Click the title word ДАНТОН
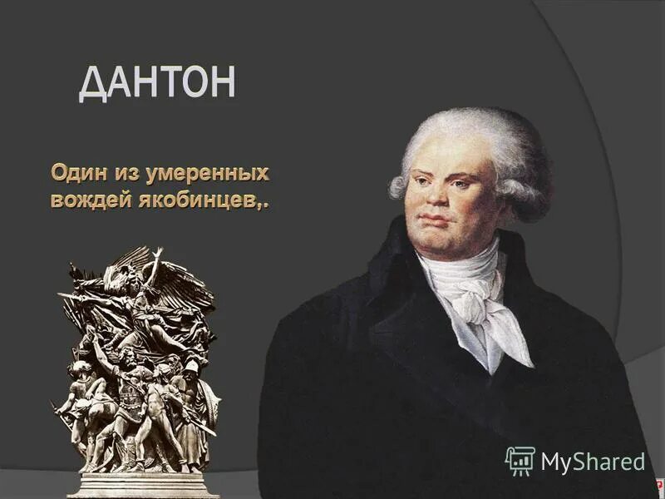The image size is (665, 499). pyautogui.click(x=157, y=83)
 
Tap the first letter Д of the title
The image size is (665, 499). pyautogui.click(x=95, y=83)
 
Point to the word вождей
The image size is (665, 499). pyautogui.click(x=86, y=200)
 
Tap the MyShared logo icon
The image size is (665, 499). pyautogui.click(x=520, y=460)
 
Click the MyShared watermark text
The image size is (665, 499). pyautogui.click(x=592, y=461)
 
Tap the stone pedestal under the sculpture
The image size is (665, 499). pyautogui.click(x=142, y=484)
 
